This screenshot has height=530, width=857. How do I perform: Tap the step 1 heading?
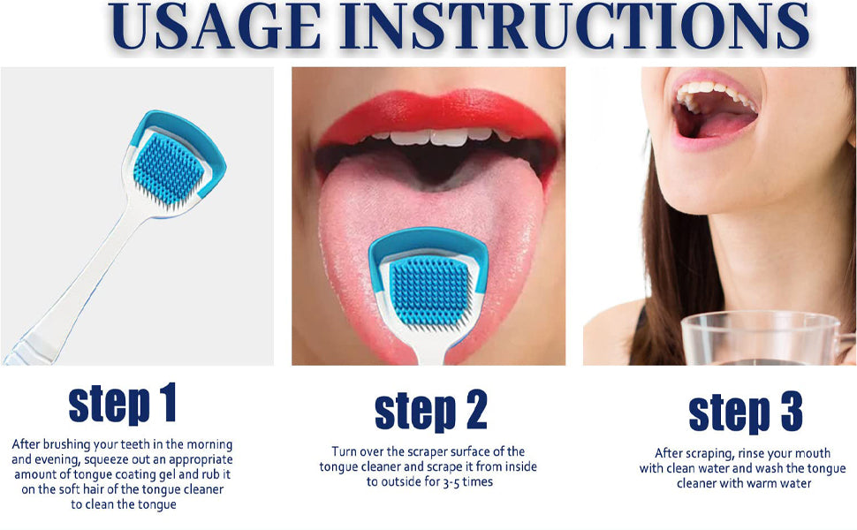tap(122, 404)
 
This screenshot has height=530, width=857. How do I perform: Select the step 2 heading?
tap(430, 411)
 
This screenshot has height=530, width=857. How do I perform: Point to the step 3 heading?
tap(745, 412)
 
